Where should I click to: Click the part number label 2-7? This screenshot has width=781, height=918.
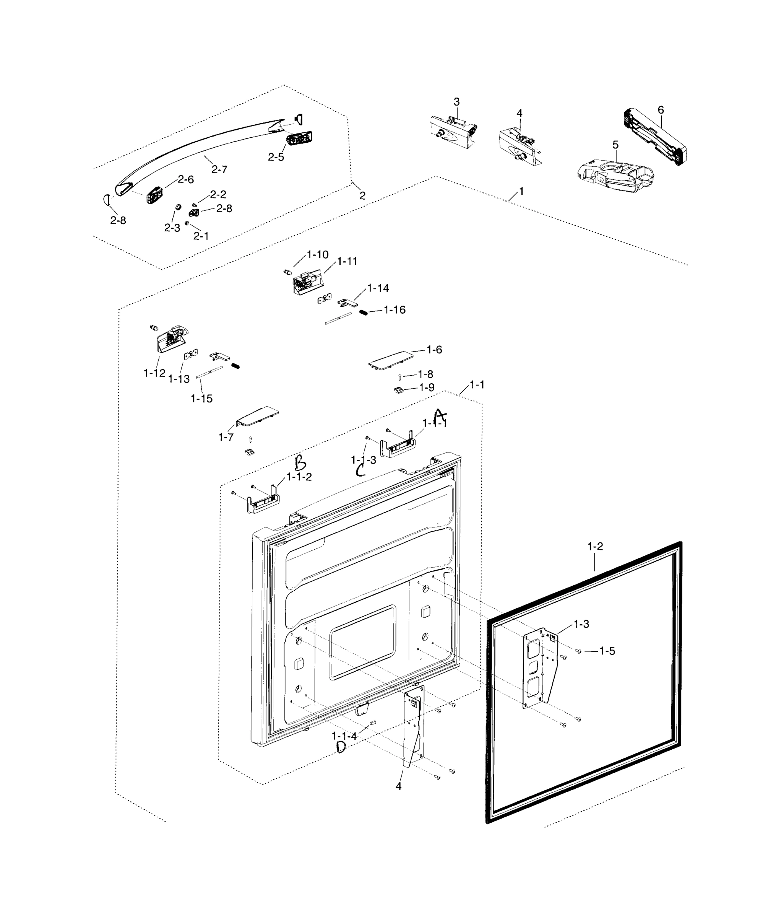click(x=219, y=169)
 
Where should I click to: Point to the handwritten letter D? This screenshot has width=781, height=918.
click(x=341, y=747)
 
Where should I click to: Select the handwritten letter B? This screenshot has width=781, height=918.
click(x=300, y=463)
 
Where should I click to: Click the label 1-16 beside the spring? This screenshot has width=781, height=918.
click(x=395, y=310)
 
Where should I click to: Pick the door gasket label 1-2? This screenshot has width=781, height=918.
click(x=595, y=546)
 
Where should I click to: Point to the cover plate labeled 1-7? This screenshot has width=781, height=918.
click(x=257, y=415)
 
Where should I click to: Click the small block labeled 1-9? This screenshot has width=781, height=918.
click(x=398, y=390)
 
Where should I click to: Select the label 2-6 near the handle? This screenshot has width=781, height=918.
click(x=185, y=179)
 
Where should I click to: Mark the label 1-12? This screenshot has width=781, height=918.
click(x=154, y=373)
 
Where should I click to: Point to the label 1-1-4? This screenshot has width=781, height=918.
click(x=344, y=736)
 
